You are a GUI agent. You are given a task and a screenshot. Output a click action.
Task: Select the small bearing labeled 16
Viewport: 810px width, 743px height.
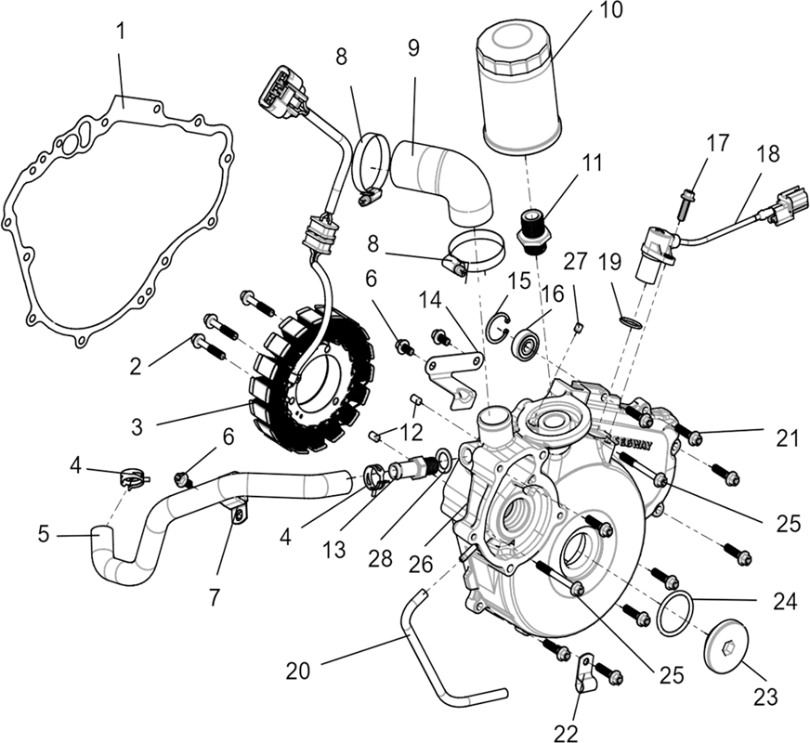coord(526,341)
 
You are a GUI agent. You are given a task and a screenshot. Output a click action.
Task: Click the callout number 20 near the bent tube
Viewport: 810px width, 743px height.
coord(298,671)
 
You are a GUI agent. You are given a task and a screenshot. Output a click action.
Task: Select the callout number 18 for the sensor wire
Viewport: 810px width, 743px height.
coord(770,154)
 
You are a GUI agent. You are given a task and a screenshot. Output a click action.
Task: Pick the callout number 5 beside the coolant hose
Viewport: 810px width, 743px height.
coord(44,534)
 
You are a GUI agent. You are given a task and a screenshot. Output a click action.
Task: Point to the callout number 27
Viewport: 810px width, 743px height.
coord(576,261)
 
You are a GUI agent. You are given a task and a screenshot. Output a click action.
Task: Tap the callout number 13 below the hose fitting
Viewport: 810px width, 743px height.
coord(333,550)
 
